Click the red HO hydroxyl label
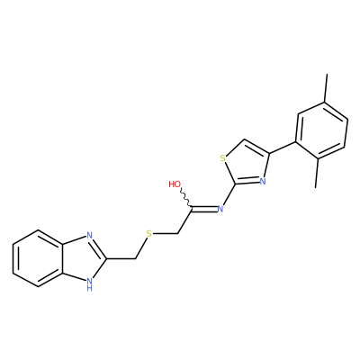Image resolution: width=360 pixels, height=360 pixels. [x=175, y=184]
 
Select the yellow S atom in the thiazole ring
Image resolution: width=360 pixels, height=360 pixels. [x=222, y=158]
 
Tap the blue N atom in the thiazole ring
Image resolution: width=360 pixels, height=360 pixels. [x=263, y=181]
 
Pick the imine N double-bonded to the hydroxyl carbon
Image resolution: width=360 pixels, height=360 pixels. [x=220, y=209]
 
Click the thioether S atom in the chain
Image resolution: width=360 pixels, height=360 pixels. [x=149, y=234]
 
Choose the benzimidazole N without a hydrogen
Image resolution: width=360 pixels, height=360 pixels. [x=89, y=236]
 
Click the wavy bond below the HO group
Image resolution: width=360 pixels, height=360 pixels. [x=185, y=198]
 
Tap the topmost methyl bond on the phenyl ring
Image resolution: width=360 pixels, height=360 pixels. [x=326, y=88]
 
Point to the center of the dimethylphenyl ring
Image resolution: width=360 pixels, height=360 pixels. [x=321, y=130]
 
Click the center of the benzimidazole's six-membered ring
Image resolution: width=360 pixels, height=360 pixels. [x=38, y=258]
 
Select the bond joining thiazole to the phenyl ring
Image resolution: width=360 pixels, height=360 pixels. [x=283, y=148]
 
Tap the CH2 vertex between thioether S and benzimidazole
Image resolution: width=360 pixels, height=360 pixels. [x=136, y=258]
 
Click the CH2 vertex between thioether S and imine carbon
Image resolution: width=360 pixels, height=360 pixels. [x=178, y=234]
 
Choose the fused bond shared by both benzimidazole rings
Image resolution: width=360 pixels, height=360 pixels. [x=63, y=258]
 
